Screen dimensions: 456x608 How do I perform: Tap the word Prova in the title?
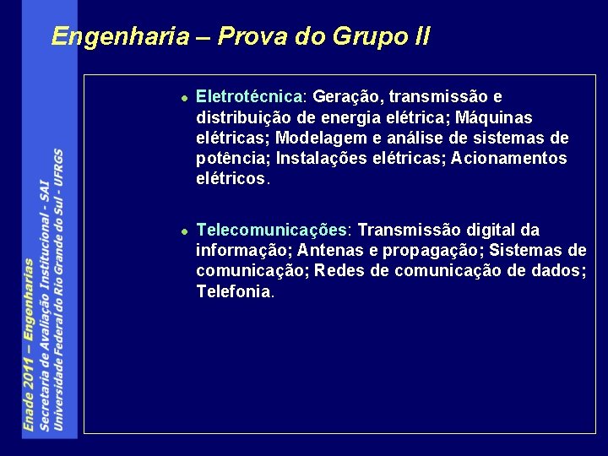[247, 36]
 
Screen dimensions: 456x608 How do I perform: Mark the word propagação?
[432, 250]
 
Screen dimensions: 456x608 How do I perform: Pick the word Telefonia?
[233, 291]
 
